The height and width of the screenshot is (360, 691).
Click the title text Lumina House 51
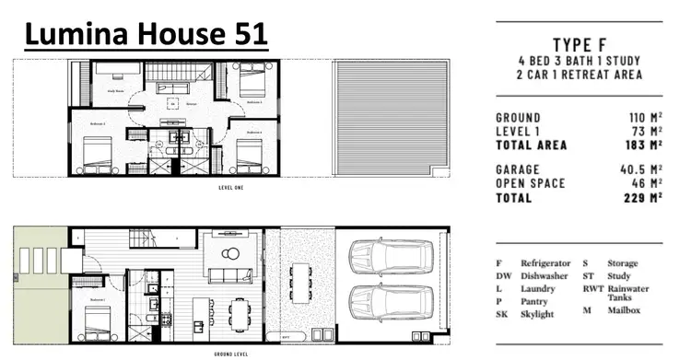(x=146, y=35)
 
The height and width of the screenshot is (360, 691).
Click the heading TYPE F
(x=580, y=44)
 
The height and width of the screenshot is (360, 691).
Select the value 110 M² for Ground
(x=642, y=118)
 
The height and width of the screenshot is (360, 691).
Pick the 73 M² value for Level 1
(x=647, y=132)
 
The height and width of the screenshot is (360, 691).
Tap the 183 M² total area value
(x=642, y=145)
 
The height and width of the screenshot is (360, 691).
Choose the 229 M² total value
(x=642, y=197)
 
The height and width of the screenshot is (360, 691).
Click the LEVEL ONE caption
(x=230, y=187)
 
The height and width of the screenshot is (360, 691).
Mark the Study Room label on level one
(x=115, y=91)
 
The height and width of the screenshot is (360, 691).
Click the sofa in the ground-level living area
(x=224, y=274)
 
